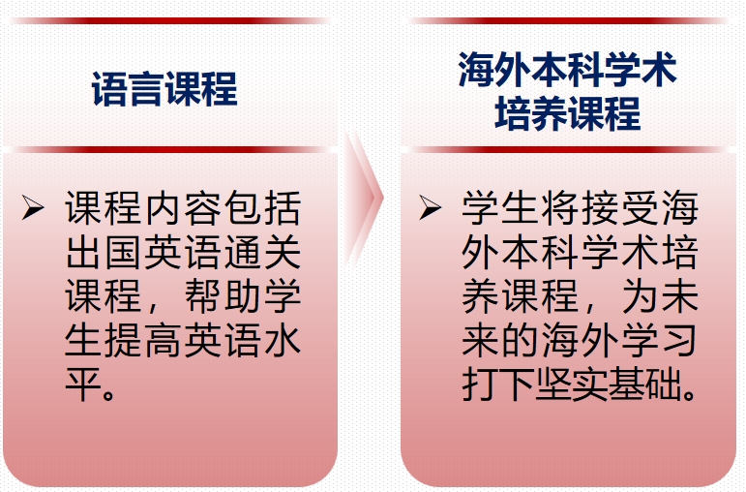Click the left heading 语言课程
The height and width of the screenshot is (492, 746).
[164, 89]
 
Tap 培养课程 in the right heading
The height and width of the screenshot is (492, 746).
[567, 113]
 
